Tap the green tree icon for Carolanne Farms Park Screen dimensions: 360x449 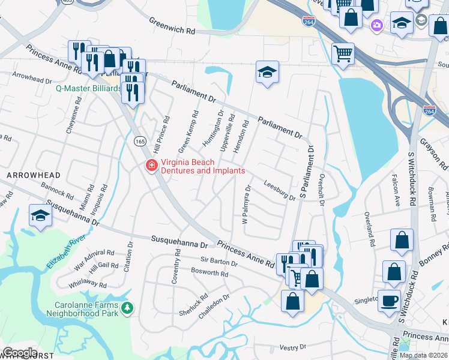(127, 308)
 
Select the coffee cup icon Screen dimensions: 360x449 (389, 299)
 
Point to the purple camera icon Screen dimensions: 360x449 (376, 25)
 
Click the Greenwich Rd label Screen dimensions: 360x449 (172, 25)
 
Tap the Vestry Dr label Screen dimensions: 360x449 (293, 347)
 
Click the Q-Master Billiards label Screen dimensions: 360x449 (88, 88)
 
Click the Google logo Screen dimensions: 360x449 (20, 353)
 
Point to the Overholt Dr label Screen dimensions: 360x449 (322, 191)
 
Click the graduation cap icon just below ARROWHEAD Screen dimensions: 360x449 (40, 215)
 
